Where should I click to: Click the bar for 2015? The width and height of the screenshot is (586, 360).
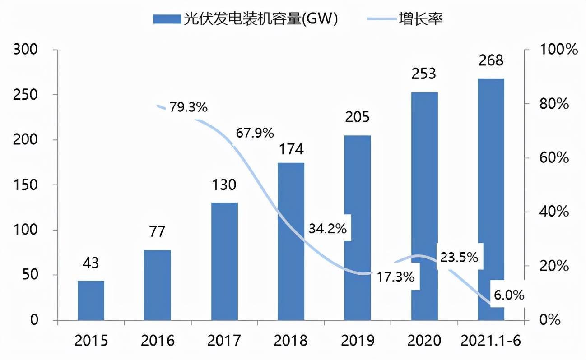91,300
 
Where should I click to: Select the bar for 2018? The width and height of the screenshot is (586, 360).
291,241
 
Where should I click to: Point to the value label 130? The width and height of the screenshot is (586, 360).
224,185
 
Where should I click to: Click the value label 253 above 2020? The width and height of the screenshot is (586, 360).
424,74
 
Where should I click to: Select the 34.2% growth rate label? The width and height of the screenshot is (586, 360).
328,229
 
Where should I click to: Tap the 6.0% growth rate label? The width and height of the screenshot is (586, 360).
509,295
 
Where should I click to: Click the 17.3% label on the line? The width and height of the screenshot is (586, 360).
395,277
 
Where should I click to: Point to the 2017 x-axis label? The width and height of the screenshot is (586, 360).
224,341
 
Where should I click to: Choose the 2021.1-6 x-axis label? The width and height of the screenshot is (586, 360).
491,341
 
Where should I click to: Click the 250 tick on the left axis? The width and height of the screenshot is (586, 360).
26,95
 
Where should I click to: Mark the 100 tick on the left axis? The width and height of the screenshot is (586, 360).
26,230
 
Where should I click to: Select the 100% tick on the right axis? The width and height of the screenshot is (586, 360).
559,50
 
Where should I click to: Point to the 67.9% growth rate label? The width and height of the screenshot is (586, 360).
255,133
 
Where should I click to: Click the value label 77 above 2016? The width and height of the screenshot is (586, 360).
157,232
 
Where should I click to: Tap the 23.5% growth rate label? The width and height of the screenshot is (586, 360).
459,258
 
